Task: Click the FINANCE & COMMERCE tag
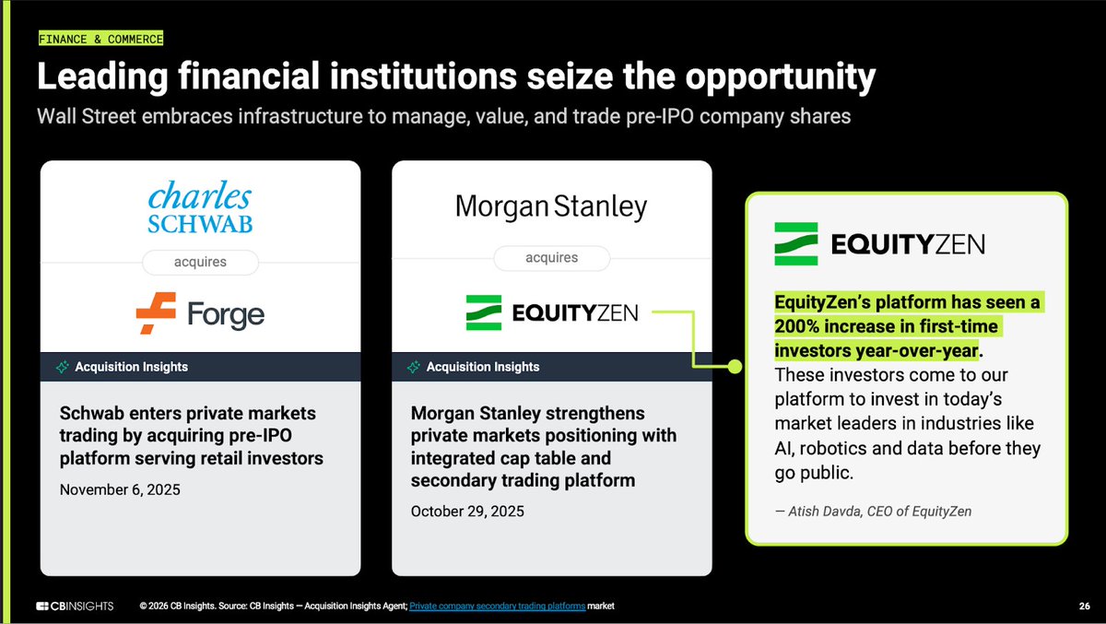[x=100, y=39]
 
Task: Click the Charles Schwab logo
[x=200, y=209]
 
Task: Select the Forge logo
[x=200, y=313]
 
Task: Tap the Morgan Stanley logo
[x=551, y=206]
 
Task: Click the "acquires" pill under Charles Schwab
[x=200, y=263]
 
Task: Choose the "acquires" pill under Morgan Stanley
[x=551, y=258]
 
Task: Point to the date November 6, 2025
[x=120, y=489]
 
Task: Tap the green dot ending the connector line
[x=735, y=367]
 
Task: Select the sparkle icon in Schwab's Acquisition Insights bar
[x=63, y=367]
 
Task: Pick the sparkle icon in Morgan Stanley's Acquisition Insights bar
[x=414, y=367]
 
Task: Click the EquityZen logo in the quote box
[x=879, y=243]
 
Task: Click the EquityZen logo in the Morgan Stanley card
[x=551, y=313]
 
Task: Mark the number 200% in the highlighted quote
[x=797, y=326]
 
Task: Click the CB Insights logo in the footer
[x=75, y=606]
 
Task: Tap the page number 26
[x=1084, y=606]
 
